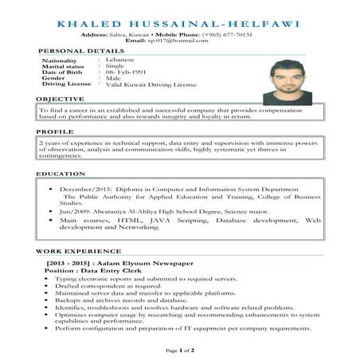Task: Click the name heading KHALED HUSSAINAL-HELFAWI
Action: [x=179, y=24]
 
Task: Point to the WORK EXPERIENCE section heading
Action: [x=73, y=252]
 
